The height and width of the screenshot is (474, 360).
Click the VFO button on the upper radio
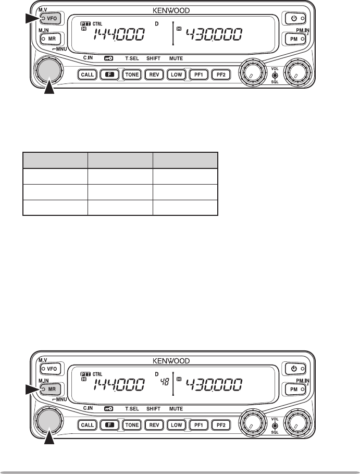pyautogui.click(x=51, y=19)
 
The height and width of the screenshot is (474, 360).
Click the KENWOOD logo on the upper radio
pyautogui.click(x=170, y=9)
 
